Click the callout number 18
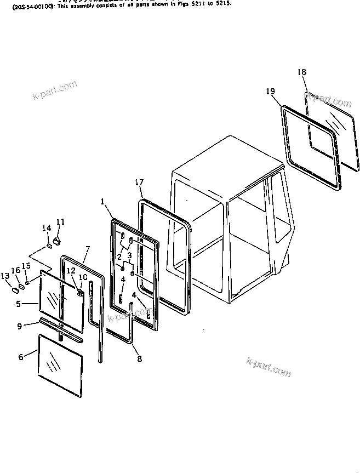(x=302, y=72)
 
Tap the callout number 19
(x=271, y=92)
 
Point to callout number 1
(x=102, y=201)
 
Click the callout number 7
(x=87, y=249)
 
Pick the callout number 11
(x=60, y=222)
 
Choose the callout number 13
(x=5, y=276)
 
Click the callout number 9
(x=19, y=326)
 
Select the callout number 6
(x=21, y=357)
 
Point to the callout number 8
(x=139, y=359)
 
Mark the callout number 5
(x=18, y=303)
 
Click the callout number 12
(x=71, y=271)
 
